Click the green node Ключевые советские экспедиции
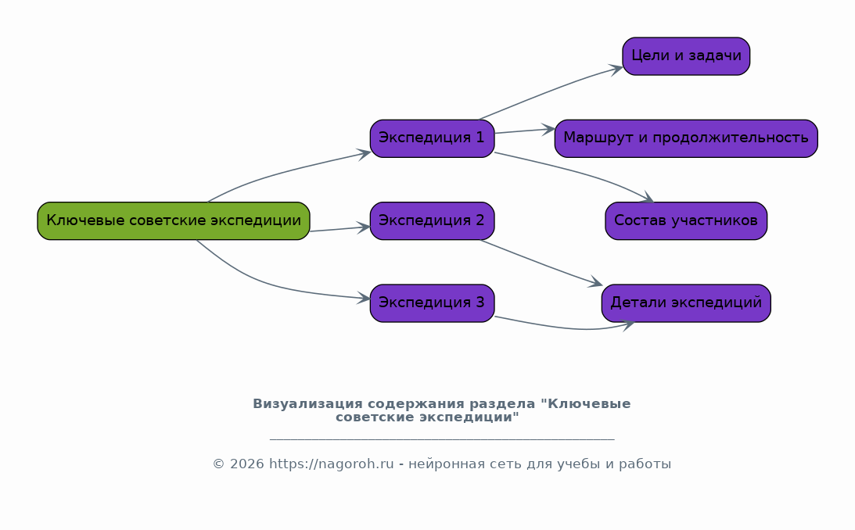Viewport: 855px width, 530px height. (x=174, y=220)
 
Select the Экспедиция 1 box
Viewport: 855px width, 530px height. (x=432, y=138)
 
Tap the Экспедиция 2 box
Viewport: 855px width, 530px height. (x=432, y=220)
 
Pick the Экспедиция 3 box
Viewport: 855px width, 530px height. (x=432, y=303)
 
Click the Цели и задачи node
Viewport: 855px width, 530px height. (x=686, y=56)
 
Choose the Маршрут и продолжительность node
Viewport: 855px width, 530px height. (x=686, y=138)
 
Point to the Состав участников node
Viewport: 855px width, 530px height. (x=686, y=220)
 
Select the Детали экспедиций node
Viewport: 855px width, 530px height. (x=686, y=303)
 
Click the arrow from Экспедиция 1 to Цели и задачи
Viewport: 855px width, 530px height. (x=551, y=91)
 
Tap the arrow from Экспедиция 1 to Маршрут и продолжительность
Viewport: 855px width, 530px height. (x=525, y=131)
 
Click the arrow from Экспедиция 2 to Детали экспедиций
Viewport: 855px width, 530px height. (x=541, y=263)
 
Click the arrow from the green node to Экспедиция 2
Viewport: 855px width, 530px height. (x=339, y=229)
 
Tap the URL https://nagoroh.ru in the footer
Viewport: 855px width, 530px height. (x=331, y=464)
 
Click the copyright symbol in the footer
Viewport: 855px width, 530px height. (x=218, y=464)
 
